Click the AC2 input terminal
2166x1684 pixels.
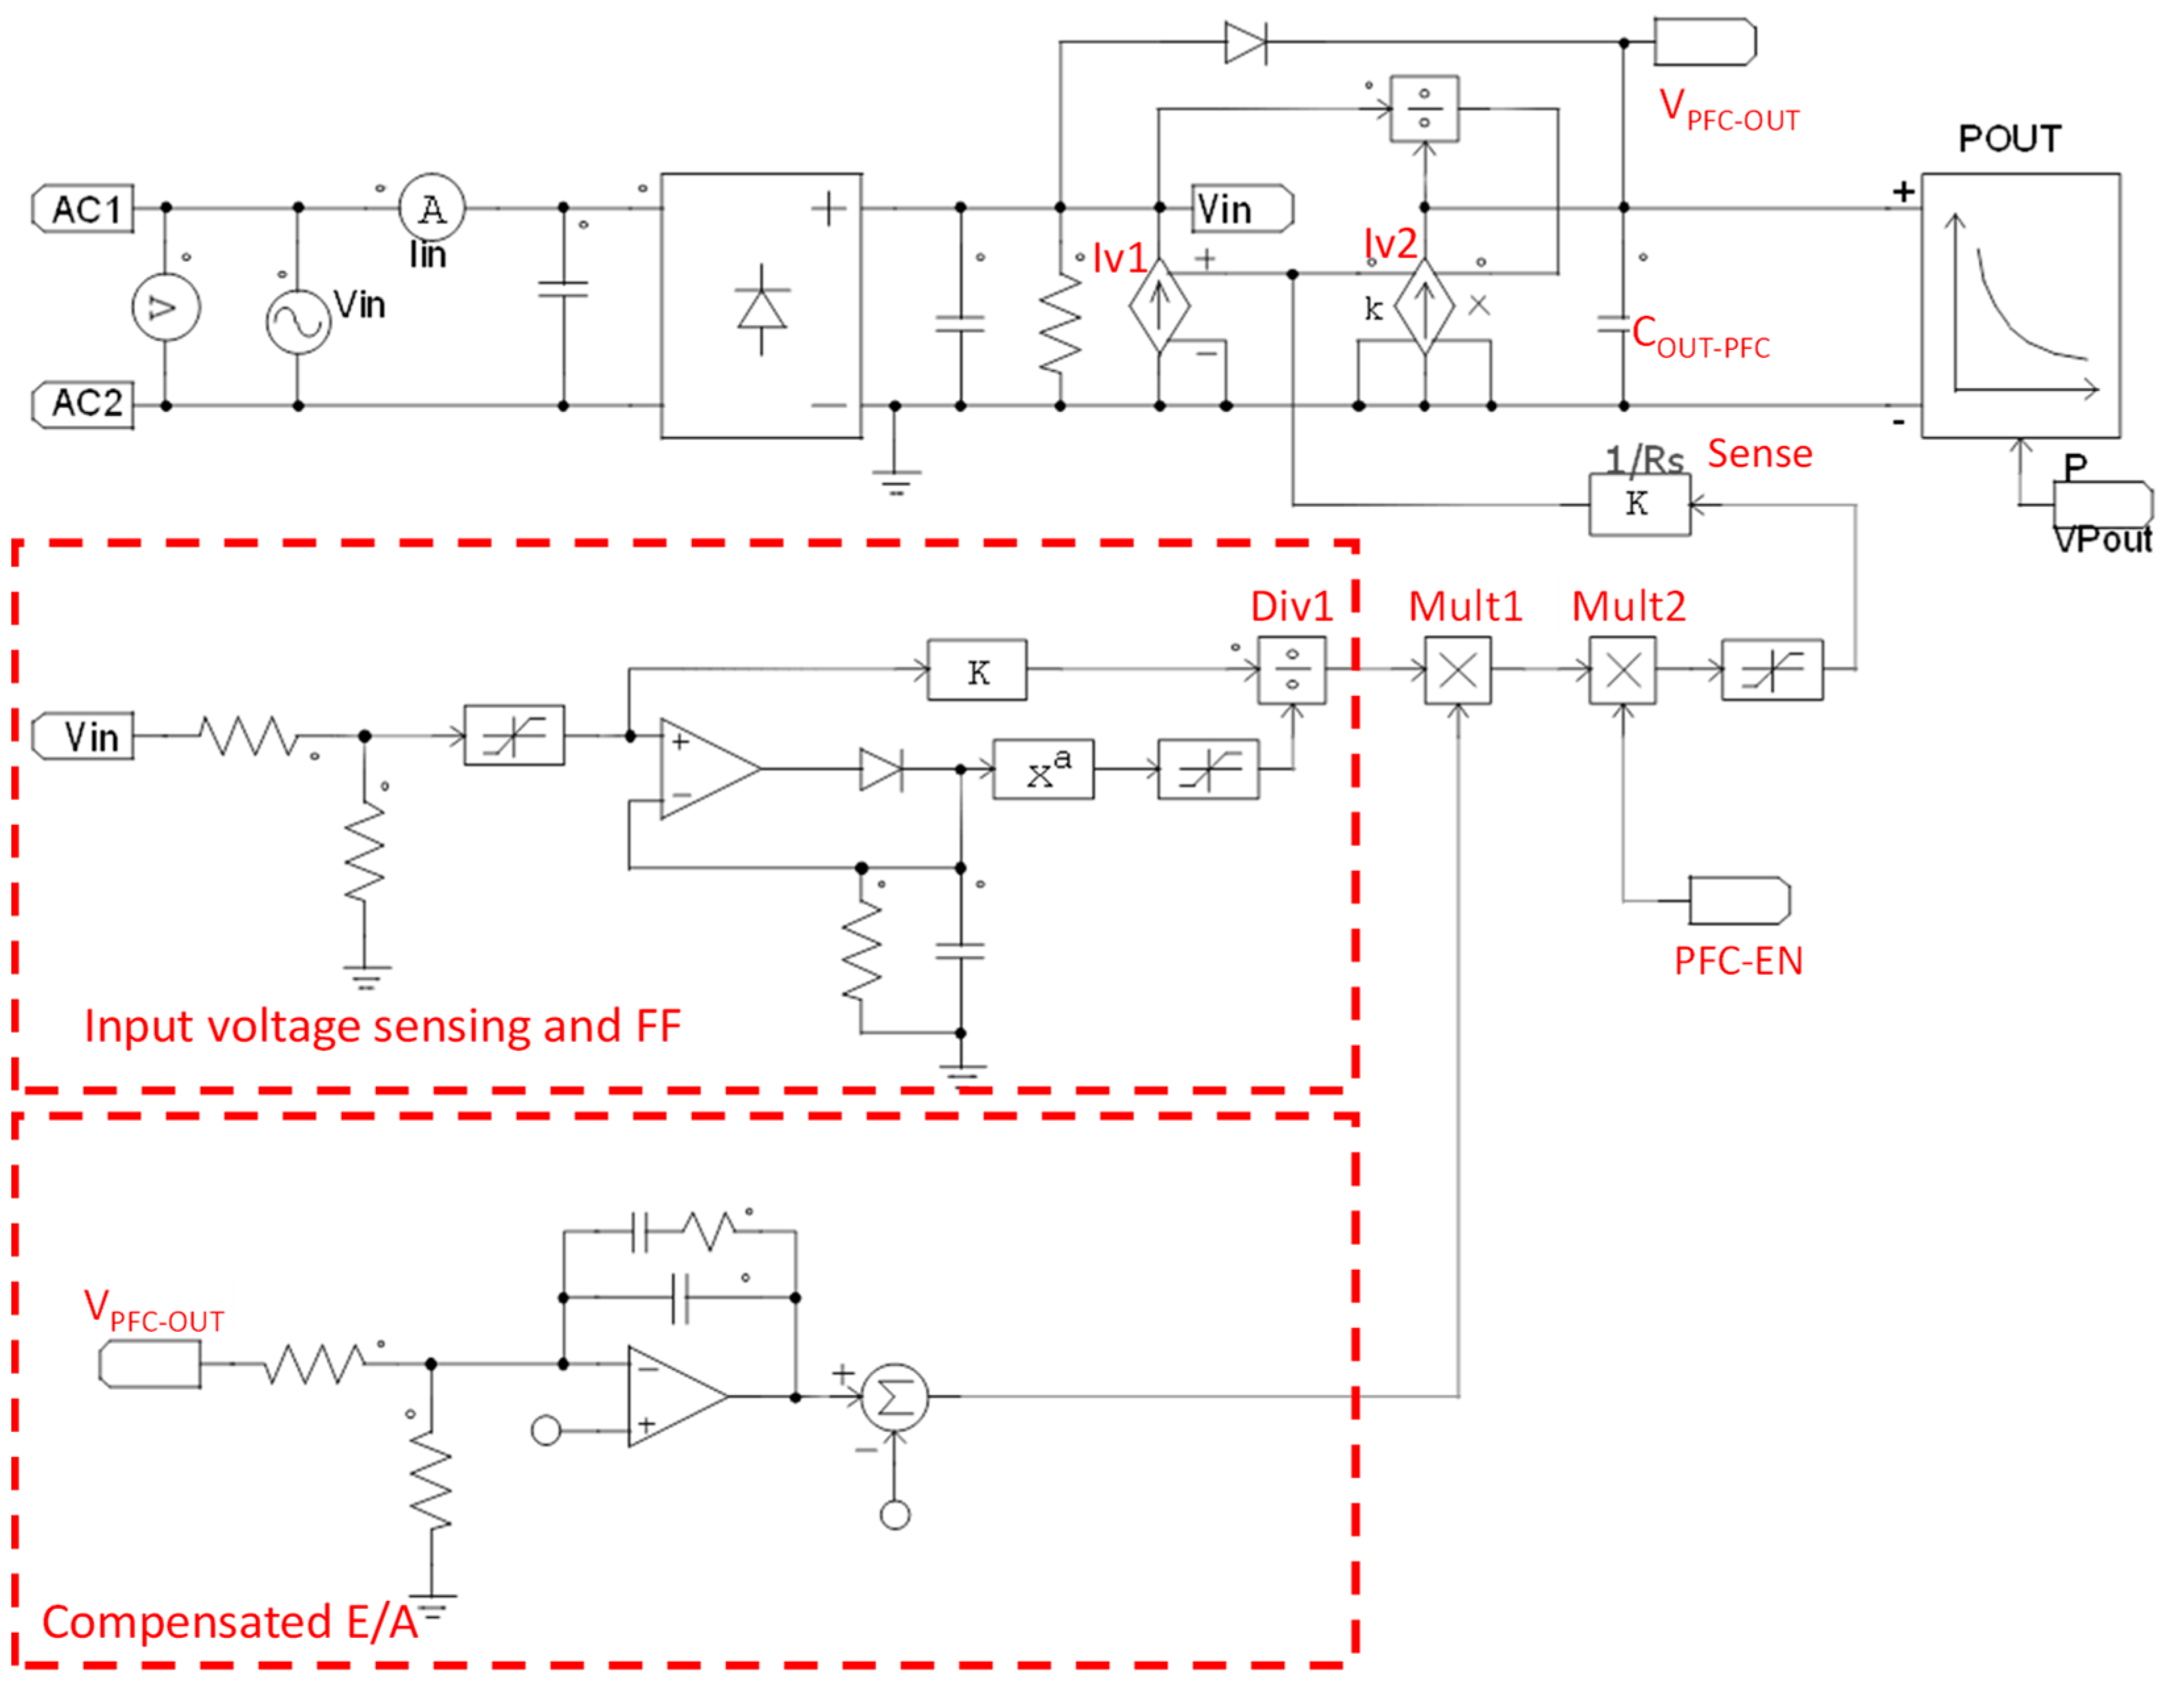coord(84,403)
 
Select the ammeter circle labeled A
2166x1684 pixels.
coord(431,208)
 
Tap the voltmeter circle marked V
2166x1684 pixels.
coord(166,307)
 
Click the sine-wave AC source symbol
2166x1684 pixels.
coord(297,322)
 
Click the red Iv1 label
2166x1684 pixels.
coord(1119,259)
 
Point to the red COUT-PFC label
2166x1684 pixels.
coord(1700,336)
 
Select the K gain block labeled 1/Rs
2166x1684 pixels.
coord(1638,504)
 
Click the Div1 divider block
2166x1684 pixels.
coord(1291,671)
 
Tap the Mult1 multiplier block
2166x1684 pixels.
coord(1457,671)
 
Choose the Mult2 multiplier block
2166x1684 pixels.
coord(1622,671)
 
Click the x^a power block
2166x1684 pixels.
coord(1043,769)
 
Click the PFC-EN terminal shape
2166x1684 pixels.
coord(1739,900)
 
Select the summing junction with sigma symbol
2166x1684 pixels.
coord(894,1397)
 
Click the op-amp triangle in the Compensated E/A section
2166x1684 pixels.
coord(675,1396)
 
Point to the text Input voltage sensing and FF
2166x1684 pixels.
coord(382,1025)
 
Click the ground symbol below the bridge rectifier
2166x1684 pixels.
coord(896,480)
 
